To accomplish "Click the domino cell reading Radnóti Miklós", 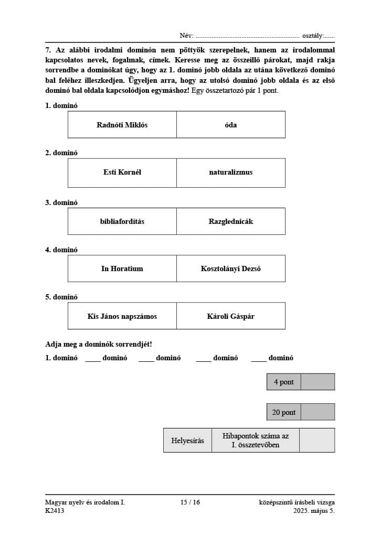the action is pyautogui.click(x=122, y=125).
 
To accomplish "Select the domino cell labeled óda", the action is pyautogui.click(x=231, y=125).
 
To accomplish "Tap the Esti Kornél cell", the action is pyautogui.click(x=122, y=173).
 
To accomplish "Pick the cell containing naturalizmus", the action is pyautogui.click(x=231, y=173).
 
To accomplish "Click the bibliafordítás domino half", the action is pyautogui.click(x=122, y=221).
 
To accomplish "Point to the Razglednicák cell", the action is pyautogui.click(x=231, y=221).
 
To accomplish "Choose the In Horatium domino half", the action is pyautogui.click(x=122, y=268).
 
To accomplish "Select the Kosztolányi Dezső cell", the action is pyautogui.click(x=231, y=268).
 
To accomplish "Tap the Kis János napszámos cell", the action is pyautogui.click(x=122, y=316).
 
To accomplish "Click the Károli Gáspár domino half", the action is pyautogui.click(x=231, y=316).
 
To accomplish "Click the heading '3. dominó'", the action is pyautogui.click(x=61, y=202).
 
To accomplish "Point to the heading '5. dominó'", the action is pyautogui.click(x=61, y=297).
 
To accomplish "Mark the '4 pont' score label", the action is pyautogui.click(x=284, y=382).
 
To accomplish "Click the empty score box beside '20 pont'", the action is pyautogui.click(x=318, y=412).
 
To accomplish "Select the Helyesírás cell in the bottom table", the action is pyautogui.click(x=187, y=441).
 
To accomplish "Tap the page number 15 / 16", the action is pyautogui.click(x=190, y=502).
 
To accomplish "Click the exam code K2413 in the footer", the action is pyautogui.click(x=55, y=511).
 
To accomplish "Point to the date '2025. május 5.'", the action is pyautogui.click(x=314, y=511).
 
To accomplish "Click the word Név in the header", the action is pyautogui.click(x=186, y=36).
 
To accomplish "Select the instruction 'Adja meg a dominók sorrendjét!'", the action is pyautogui.click(x=99, y=344).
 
